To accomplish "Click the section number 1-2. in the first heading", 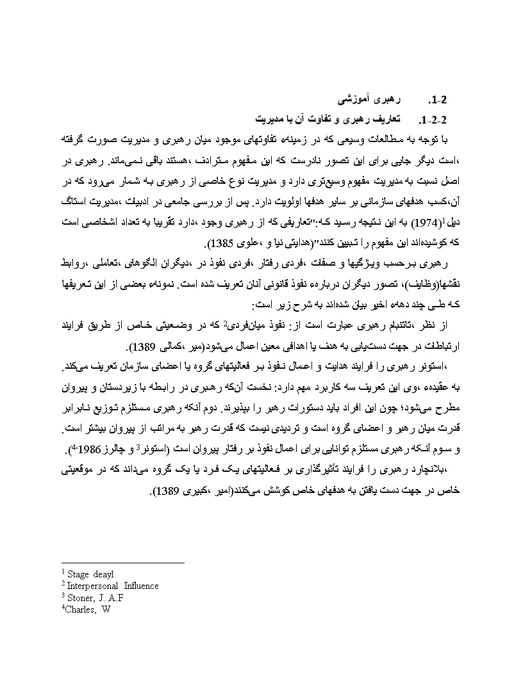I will tap(442, 101).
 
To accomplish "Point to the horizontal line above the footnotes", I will tap(122, 563).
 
